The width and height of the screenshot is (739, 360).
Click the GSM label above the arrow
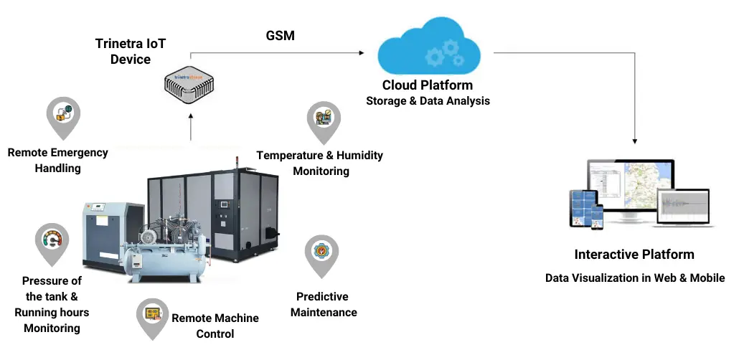tap(281, 36)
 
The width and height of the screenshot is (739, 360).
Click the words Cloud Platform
tap(428, 85)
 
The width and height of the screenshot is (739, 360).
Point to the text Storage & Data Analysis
tap(428, 101)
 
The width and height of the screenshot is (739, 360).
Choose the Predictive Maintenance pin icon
tap(321, 252)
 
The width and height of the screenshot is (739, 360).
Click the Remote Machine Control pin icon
tap(153, 315)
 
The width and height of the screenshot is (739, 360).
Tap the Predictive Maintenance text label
tap(324, 305)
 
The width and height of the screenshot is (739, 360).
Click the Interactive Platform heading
tap(634, 255)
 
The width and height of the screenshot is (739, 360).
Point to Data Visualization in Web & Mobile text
tap(635, 278)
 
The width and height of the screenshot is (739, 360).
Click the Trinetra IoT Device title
tap(131, 51)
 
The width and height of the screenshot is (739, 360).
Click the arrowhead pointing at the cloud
tap(361, 52)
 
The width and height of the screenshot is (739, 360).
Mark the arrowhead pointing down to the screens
tap(635, 141)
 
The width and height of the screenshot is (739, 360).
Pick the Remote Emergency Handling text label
tap(58, 160)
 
